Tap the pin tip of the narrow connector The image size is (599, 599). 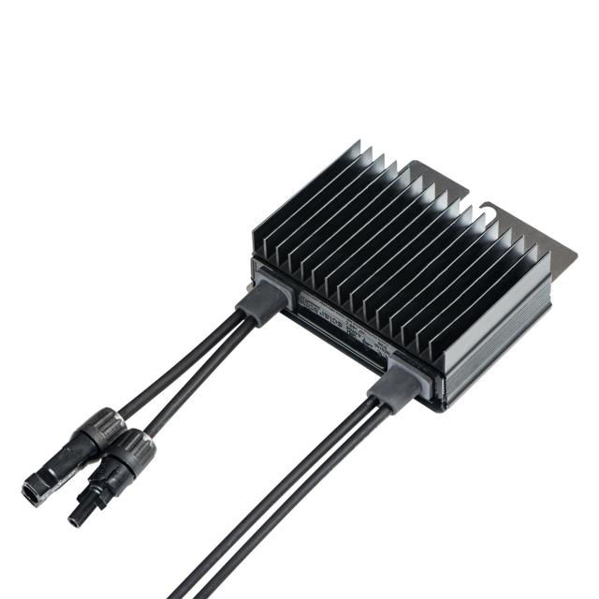(x=74, y=518)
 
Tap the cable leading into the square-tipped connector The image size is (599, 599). (x=178, y=374)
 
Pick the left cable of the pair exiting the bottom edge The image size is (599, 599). (x=281, y=505)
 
